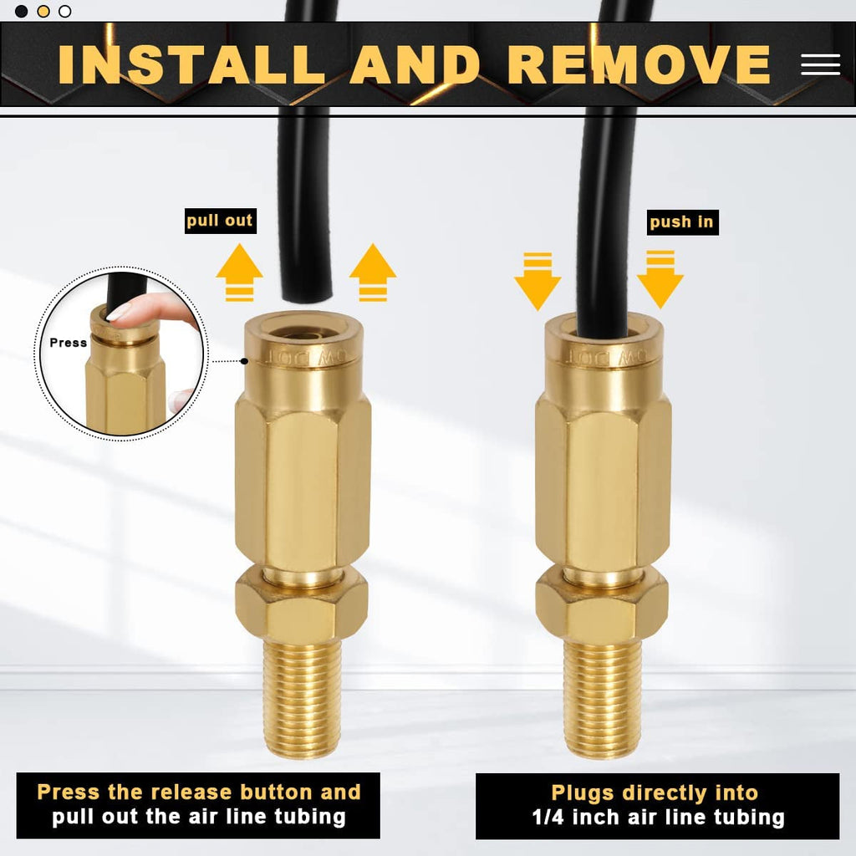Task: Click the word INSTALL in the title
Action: click(191, 64)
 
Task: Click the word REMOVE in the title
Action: click(639, 64)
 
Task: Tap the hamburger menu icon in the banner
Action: click(820, 64)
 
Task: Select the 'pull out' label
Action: click(220, 221)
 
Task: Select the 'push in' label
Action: click(682, 222)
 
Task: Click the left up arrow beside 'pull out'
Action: click(239, 272)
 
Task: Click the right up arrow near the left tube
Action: click(372, 272)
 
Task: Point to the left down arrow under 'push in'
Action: click(537, 281)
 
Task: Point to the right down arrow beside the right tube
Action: click(660, 280)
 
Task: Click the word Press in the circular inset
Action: click(68, 343)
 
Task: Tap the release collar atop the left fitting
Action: click(302, 347)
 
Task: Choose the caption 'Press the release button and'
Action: click(199, 792)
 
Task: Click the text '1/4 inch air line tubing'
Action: click(657, 818)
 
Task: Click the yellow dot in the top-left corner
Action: click(43, 11)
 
